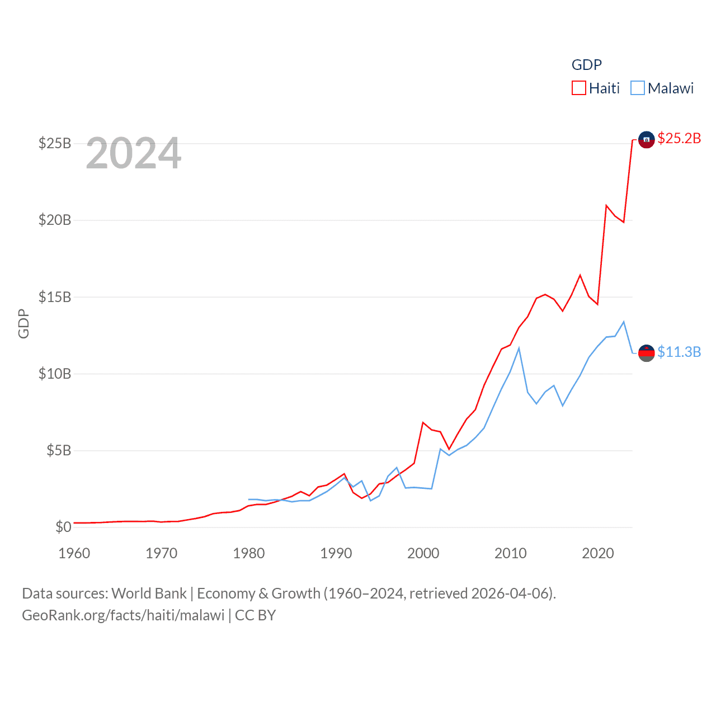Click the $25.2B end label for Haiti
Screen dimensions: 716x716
[x=679, y=138]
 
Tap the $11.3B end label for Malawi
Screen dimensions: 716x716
[x=679, y=352]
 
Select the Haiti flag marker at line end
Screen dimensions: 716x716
[x=646, y=140]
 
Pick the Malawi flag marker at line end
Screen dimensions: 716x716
[x=646, y=353]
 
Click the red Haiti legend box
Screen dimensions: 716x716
[x=578, y=88]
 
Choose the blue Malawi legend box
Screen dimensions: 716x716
[x=637, y=88]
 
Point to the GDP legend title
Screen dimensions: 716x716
[x=586, y=65]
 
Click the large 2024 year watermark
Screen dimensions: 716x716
[x=134, y=153]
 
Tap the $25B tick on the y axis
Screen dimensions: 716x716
[x=55, y=143]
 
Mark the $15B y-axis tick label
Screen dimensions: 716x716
[x=55, y=297]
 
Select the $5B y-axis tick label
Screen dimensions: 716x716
[x=59, y=450]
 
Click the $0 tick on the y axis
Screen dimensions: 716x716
[x=63, y=527]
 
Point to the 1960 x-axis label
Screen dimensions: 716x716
[x=74, y=553]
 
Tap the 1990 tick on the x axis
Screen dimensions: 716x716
[x=336, y=553]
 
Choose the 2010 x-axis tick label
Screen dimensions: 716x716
[x=511, y=553]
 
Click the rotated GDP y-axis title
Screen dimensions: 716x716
[x=23, y=323]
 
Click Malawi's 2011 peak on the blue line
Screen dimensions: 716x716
[x=519, y=348]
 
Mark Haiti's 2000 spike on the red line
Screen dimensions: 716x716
[x=423, y=422]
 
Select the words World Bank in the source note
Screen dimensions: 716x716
[x=149, y=593]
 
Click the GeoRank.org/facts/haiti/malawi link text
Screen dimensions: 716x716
[x=123, y=615]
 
